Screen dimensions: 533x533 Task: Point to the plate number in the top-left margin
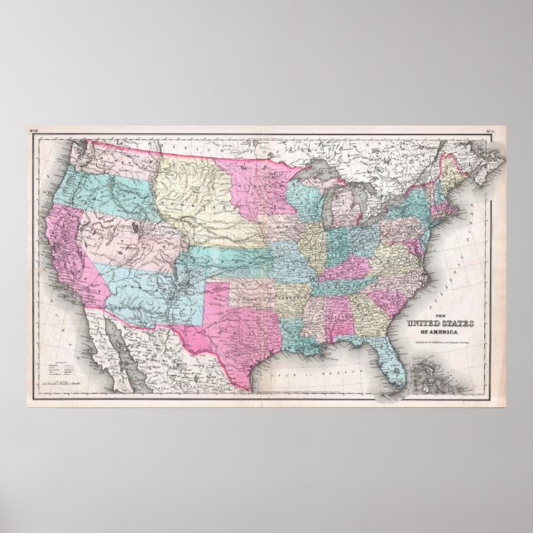coord(35,132)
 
